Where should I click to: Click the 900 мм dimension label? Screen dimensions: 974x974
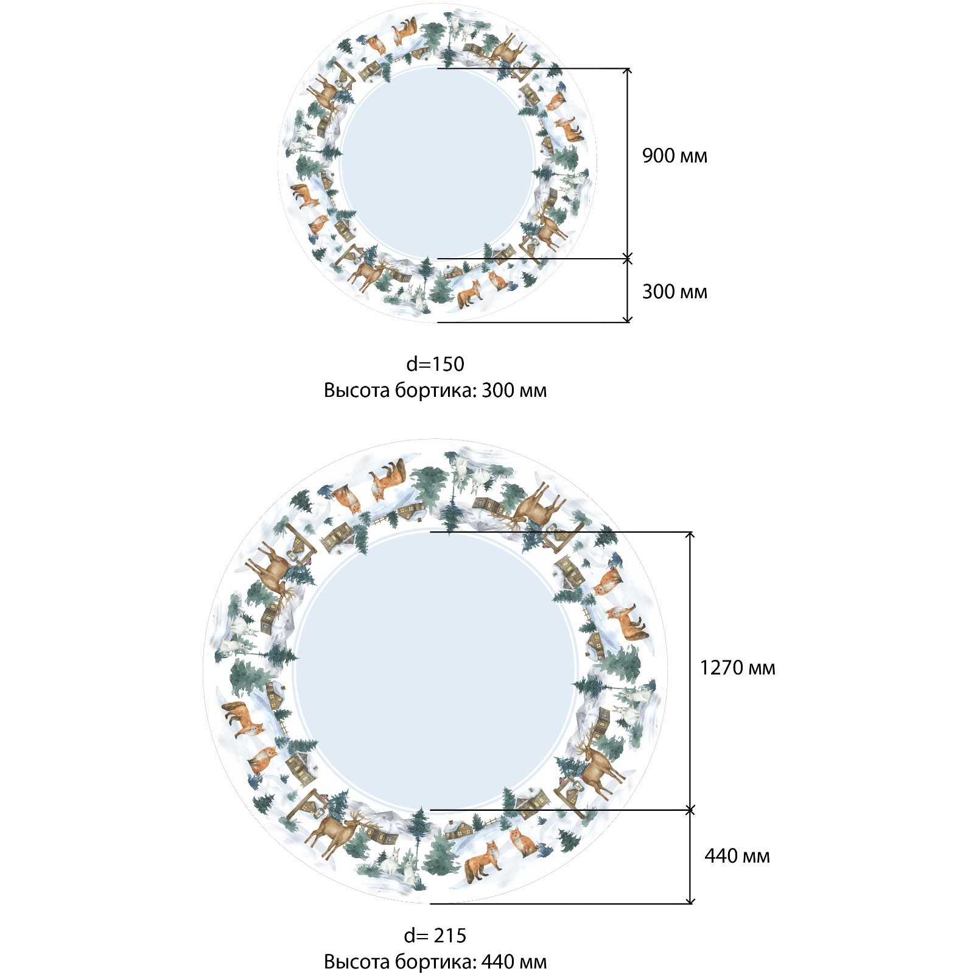pyautogui.click(x=674, y=156)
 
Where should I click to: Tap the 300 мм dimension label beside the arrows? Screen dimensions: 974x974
pyautogui.click(x=674, y=292)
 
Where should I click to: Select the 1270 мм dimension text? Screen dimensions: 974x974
pyautogui.click(x=737, y=668)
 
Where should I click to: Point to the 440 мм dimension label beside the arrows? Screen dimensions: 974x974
pyautogui.click(x=737, y=856)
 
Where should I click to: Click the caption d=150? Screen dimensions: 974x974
pyautogui.click(x=435, y=364)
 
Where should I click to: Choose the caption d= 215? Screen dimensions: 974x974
pyautogui.click(x=435, y=935)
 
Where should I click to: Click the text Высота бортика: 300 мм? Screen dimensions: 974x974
pyautogui.click(x=435, y=390)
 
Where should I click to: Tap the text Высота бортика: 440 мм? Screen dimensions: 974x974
pyautogui.click(x=435, y=962)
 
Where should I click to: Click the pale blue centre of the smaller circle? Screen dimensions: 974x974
pyautogui.click(x=437, y=164)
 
